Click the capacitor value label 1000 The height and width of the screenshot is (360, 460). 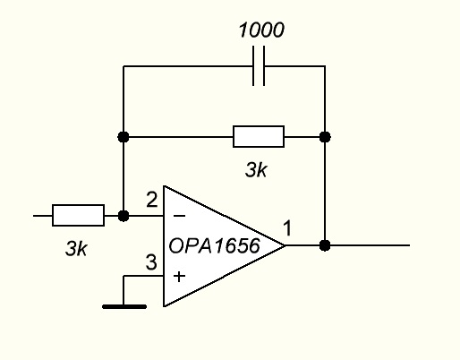[261, 30]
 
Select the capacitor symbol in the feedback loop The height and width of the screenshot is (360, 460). [259, 66]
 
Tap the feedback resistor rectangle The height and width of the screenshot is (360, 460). [259, 137]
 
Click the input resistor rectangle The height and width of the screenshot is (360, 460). [78, 215]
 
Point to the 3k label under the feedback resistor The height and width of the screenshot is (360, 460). [256, 170]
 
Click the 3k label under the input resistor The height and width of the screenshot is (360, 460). [76, 248]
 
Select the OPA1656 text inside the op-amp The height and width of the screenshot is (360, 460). [215, 246]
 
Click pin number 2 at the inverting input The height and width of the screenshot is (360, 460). [152, 200]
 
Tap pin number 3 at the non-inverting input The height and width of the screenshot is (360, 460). [151, 262]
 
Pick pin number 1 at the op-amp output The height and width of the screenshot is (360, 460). [287, 228]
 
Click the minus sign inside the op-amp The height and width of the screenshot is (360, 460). [179, 216]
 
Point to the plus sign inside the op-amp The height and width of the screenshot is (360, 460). [179, 277]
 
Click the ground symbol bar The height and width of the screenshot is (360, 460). [124, 306]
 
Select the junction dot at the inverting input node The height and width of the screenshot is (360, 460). [124, 216]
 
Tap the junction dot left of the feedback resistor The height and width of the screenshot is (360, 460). [124, 137]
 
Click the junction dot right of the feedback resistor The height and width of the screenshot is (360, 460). [325, 137]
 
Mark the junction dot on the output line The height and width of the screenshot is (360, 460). [325, 245]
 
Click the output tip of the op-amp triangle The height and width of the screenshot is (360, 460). [285, 245]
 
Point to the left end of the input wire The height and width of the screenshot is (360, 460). [33, 216]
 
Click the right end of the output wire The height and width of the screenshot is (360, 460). [410, 245]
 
